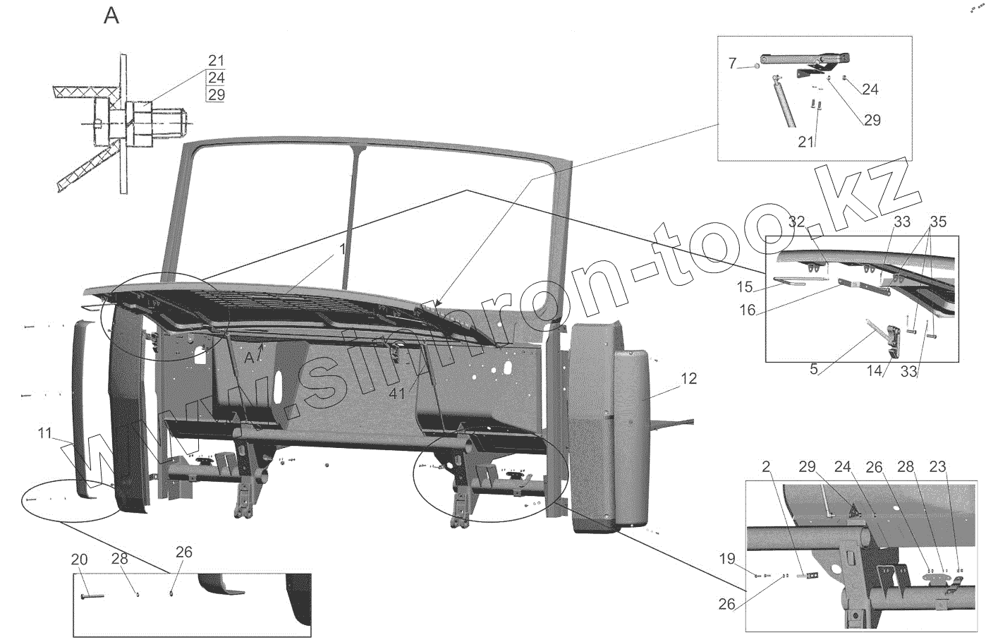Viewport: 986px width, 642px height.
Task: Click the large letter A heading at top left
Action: coord(111,16)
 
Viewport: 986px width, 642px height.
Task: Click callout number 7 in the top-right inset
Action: coord(732,63)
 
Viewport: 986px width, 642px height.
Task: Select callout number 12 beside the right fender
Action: coord(688,379)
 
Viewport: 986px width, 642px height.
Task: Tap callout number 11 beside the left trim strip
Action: coord(45,434)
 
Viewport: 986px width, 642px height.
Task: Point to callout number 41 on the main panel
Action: coord(397,394)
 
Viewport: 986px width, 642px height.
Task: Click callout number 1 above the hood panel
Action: coord(342,249)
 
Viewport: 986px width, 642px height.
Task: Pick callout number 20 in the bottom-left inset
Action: coord(79,559)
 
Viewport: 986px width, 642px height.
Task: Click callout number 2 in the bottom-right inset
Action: coord(766,466)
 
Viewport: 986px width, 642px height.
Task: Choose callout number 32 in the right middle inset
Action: coord(796,222)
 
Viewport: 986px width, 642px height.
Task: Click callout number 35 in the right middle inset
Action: coord(937,220)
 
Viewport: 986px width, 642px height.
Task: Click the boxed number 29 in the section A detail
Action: coord(216,95)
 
